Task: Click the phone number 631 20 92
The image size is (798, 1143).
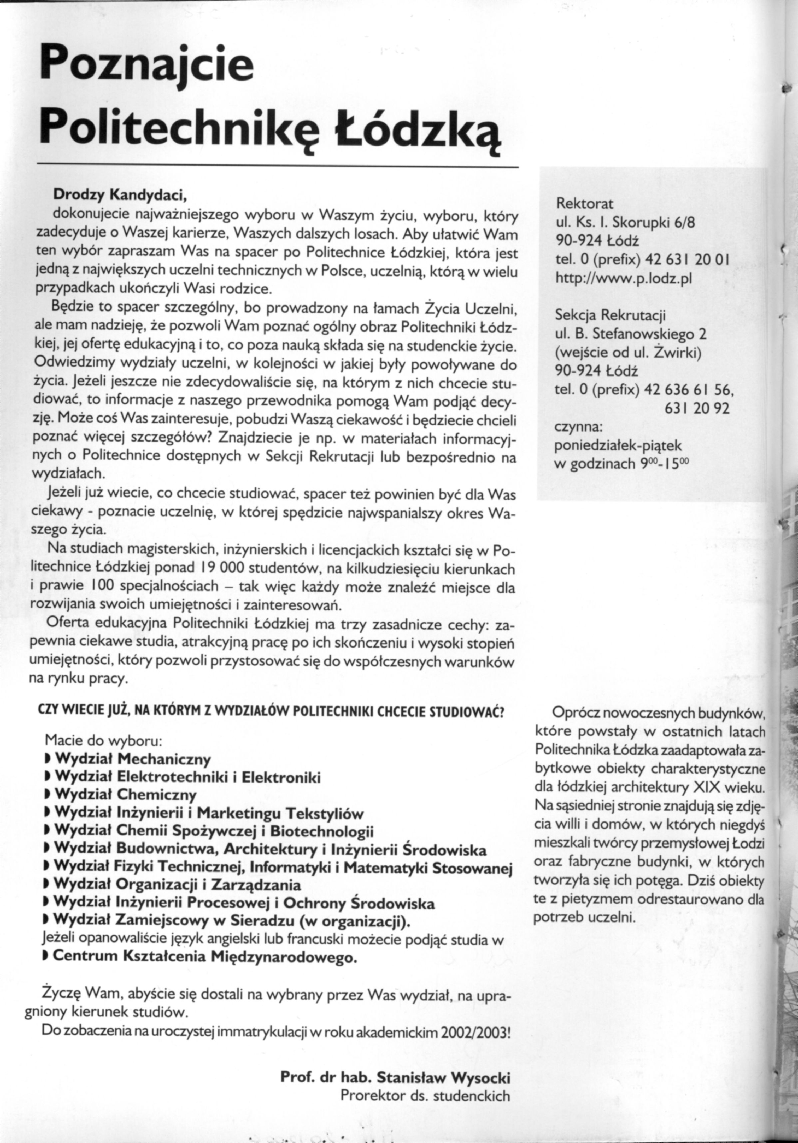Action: pos(697,409)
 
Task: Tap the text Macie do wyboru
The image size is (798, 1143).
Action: pos(102,740)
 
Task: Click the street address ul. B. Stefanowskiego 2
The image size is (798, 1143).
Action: pos(630,334)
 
